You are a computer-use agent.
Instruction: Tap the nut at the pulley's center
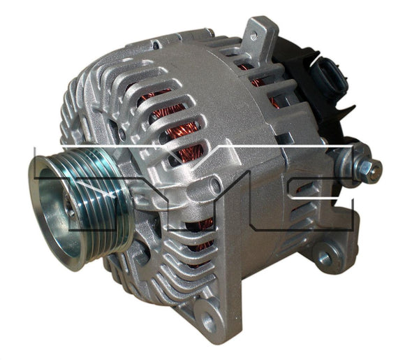(x=69, y=206)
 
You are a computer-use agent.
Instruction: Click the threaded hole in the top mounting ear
(x=253, y=34)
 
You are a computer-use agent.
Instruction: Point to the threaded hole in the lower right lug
(x=324, y=258)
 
